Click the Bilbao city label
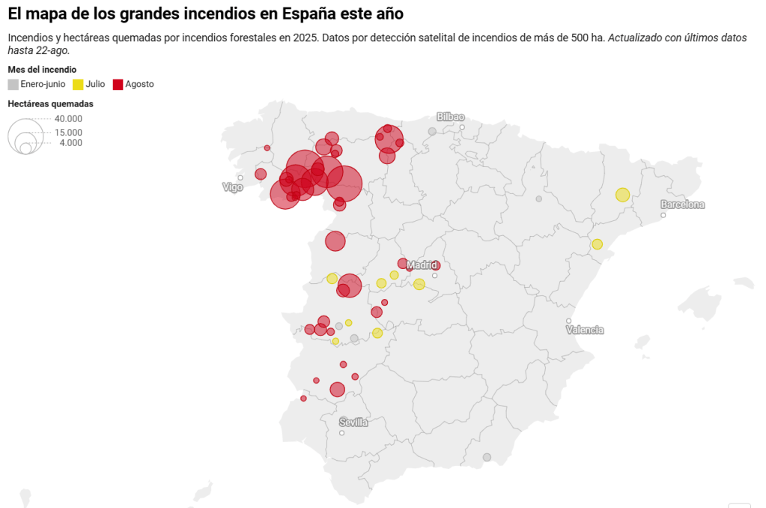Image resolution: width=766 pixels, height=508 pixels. (451, 117)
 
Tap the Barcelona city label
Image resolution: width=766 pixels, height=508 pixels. (682, 205)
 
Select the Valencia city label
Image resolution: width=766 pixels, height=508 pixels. (585, 330)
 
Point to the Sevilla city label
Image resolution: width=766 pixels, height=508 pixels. (353, 423)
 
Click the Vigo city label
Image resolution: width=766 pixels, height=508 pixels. (233, 187)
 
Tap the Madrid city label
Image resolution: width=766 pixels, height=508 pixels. (422, 265)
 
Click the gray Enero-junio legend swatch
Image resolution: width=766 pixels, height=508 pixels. (13, 85)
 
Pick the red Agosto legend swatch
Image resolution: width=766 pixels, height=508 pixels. (118, 85)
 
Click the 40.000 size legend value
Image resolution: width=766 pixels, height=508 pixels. (68, 119)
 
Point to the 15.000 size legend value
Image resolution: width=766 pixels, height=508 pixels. (68, 133)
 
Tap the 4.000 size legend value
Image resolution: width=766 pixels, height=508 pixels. (71, 143)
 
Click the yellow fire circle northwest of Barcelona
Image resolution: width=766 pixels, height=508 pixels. (622, 195)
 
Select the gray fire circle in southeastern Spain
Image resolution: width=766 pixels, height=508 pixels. (487, 457)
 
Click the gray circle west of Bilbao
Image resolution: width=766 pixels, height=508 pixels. (432, 132)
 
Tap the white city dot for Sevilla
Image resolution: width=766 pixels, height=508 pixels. (341, 433)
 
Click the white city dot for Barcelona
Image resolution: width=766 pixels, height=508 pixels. (663, 215)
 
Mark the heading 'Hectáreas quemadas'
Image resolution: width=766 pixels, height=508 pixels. (50, 104)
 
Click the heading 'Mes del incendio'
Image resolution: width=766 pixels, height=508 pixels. (42, 70)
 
